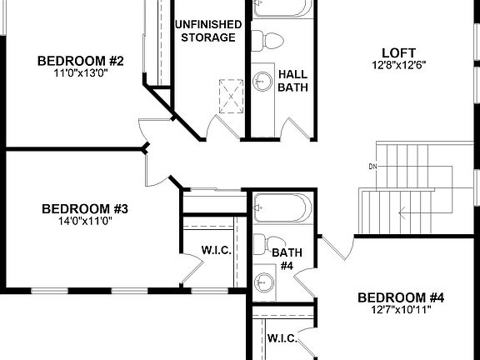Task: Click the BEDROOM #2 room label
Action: pyautogui.click(x=81, y=61)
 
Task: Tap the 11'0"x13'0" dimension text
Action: pyautogui.click(x=81, y=73)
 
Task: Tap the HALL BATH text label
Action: pyautogui.click(x=292, y=80)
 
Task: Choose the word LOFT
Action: pyautogui.click(x=392, y=50)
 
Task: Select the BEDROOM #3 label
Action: pyautogui.click(x=85, y=208)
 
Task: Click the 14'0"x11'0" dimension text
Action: pyautogui.click(x=85, y=221)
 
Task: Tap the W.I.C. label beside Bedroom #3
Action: pyautogui.click(x=216, y=251)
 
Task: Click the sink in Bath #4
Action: pyautogui.click(x=265, y=281)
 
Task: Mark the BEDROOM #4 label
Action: pyautogui.click(x=401, y=297)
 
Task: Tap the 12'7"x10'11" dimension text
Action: pyautogui.click(x=401, y=311)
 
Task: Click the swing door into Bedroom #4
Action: pyautogui.click(x=336, y=248)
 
